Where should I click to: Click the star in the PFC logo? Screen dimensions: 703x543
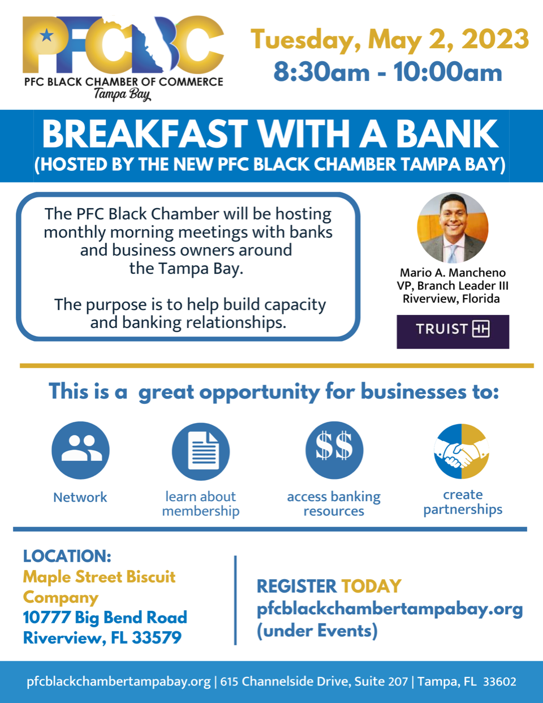[x=46, y=37]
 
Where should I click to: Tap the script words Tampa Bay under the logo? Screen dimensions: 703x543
[x=122, y=94]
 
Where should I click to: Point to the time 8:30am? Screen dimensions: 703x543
[x=321, y=72]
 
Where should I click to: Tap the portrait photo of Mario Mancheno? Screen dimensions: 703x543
[x=453, y=228]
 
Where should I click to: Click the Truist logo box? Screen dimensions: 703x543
[x=453, y=331]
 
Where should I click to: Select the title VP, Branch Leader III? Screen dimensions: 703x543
[x=453, y=286]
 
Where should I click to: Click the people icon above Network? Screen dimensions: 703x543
[x=80, y=450]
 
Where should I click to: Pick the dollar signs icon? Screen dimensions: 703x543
[x=334, y=450]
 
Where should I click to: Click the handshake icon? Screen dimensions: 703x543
[x=462, y=451]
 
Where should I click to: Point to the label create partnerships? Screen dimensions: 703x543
[x=463, y=502]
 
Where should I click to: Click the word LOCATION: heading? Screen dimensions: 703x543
[x=67, y=556]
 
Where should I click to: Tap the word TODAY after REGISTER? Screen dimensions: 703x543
[x=371, y=586]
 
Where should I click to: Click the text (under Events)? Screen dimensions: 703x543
[x=317, y=631]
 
